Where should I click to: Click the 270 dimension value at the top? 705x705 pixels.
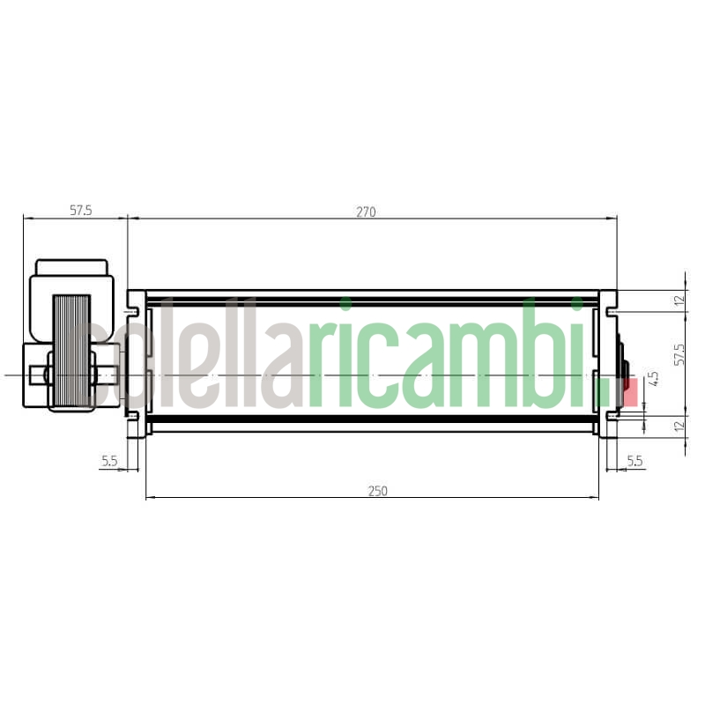pyautogui.click(x=366, y=211)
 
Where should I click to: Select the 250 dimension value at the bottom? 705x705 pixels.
pyautogui.click(x=378, y=491)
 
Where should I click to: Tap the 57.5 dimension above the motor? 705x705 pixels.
pyautogui.click(x=80, y=211)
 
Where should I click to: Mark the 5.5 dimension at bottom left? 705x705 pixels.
pyautogui.click(x=109, y=461)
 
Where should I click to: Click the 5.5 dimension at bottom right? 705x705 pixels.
pyautogui.click(x=634, y=461)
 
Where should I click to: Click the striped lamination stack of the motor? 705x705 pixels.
pyautogui.click(x=71, y=351)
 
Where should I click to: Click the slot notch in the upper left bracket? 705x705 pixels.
pyautogui.click(x=134, y=311)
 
